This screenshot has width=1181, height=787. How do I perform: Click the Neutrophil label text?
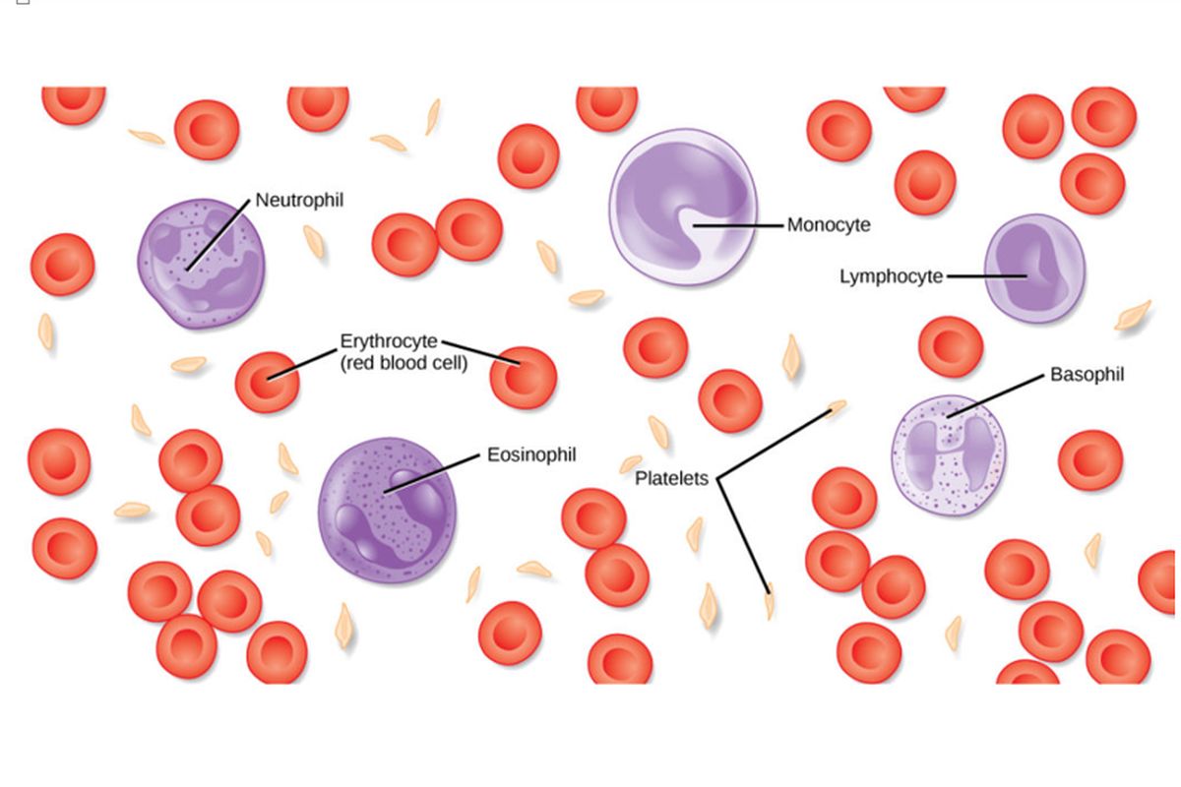[299, 200]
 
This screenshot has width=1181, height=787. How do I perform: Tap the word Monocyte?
[829, 224]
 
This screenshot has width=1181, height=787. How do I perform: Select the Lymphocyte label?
[892, 276]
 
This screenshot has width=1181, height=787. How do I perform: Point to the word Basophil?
[1087, 375]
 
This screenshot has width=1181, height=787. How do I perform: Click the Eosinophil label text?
[531, 455]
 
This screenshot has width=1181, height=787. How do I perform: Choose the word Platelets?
[671, 479]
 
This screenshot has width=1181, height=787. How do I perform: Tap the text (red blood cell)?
[404, 363]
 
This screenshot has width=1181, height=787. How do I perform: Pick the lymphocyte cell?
[1033, 269]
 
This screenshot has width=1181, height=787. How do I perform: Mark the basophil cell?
[948, 454]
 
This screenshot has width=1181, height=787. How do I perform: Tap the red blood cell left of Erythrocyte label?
[266, 381]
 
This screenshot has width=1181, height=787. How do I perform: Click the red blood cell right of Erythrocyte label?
[523, 377]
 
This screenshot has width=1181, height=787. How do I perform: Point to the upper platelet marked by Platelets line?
[837, 404]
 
